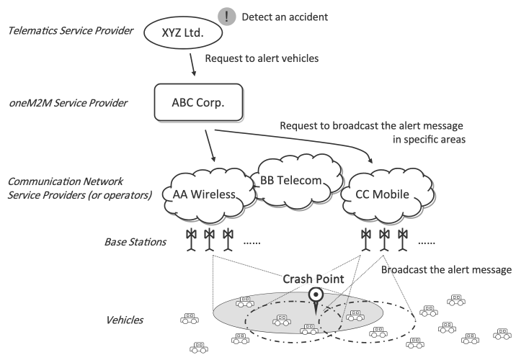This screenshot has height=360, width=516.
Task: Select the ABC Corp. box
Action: pos(196,104)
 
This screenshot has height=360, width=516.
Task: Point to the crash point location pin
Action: pos(316,297)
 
